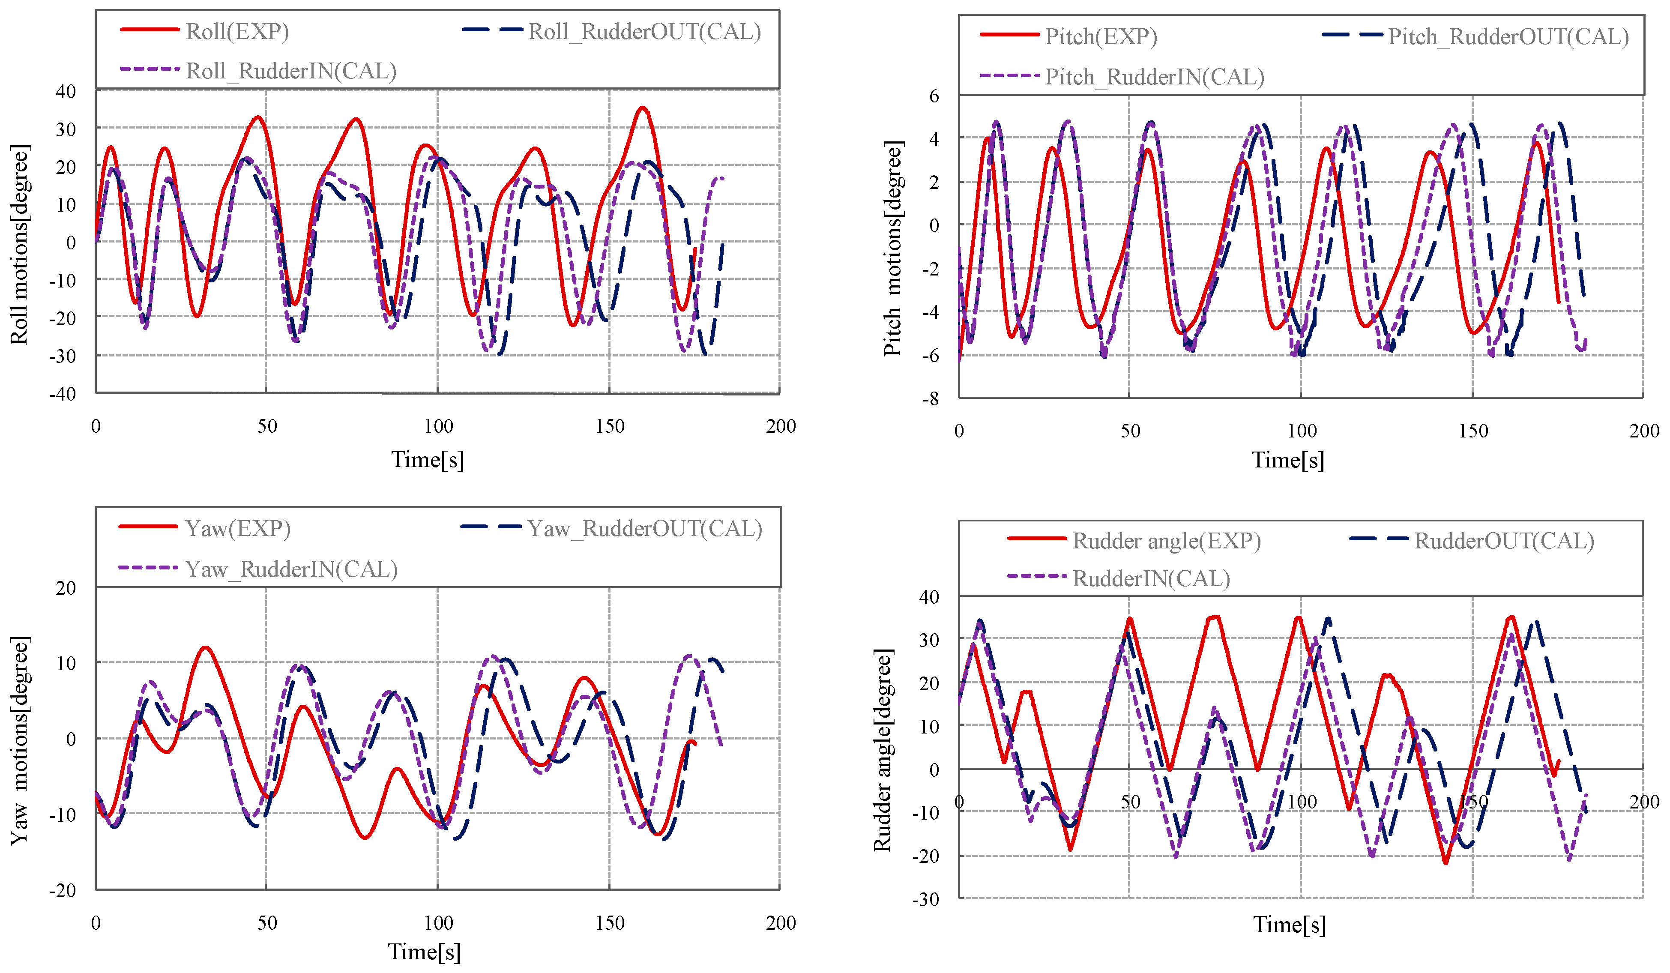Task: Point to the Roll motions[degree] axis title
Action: (x=20, y=244)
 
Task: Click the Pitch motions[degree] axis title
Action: (x=893, y=248)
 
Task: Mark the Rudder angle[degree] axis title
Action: (x=882, y=750)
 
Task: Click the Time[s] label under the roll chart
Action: (x=428, y=459)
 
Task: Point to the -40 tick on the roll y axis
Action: (x=63, y=394)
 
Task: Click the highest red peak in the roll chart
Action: (x=641, y=108)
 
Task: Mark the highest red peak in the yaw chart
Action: (x=206, y=647)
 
